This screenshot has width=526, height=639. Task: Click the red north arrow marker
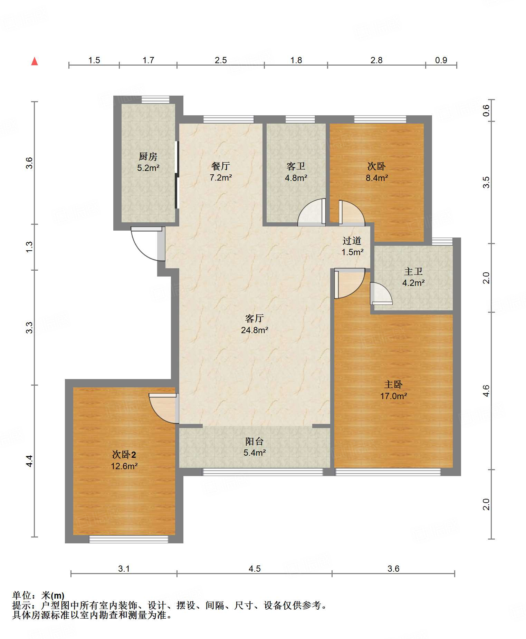point(35,61)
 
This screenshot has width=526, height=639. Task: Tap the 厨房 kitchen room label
point(148,156)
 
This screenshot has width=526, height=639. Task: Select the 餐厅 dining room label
point(221,166)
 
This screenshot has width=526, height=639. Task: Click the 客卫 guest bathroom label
point(296,166)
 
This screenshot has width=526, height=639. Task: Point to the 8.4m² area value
point(377,178)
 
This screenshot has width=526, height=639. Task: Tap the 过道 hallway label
point(352,241)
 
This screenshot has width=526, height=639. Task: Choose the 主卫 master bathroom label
point(413,271)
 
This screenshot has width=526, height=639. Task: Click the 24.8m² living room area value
point(255,330)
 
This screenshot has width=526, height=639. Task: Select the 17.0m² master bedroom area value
point(393,396)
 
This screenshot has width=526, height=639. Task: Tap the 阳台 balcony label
point(255,441)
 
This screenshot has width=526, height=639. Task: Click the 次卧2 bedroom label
point(124,455)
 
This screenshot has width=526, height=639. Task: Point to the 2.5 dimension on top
point(221,60)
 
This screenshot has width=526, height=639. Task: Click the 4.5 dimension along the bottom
point(255,569)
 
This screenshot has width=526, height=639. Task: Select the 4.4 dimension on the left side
point(30,461)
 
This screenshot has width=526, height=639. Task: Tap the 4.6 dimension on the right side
point(486,391)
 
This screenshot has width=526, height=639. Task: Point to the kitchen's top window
point(155,99)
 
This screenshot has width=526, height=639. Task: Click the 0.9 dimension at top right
point(441,60)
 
